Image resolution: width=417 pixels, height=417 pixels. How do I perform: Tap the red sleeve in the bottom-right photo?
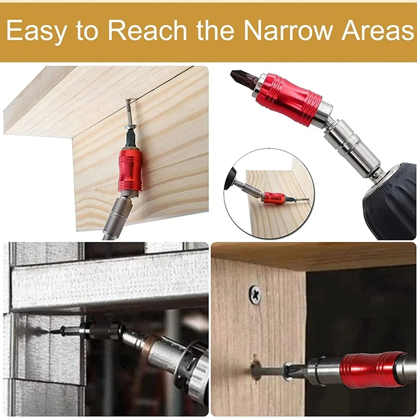click(x=372, y=370)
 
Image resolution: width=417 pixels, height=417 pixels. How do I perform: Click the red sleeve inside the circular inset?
click(x=274, y=198)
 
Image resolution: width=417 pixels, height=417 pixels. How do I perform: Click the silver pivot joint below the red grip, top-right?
click(x=347, y=138)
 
